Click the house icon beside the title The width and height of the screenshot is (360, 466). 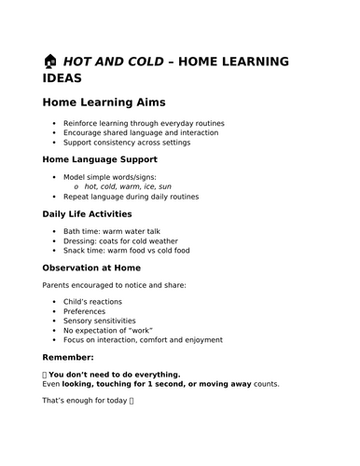[51, 62]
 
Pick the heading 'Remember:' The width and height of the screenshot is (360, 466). [68, 357]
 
